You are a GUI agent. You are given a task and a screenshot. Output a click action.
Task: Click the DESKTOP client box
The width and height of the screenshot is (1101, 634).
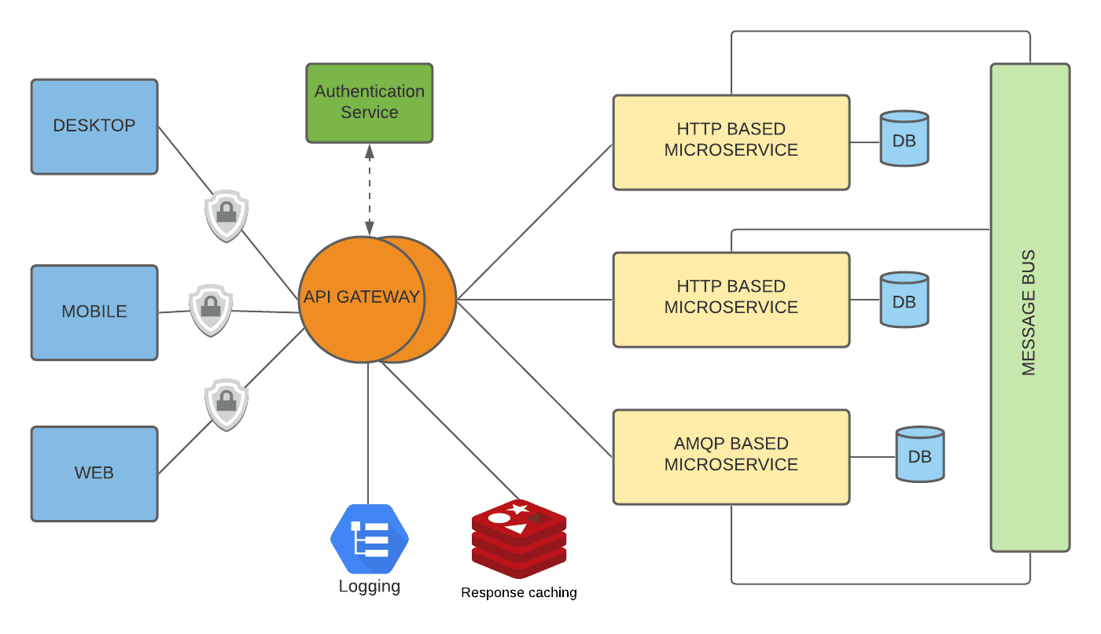[x=94, y=126]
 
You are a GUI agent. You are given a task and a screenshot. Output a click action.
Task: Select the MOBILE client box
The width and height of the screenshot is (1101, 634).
[x=94, y=312]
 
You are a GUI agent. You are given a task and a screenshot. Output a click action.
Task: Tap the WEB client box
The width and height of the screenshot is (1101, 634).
[x=94, y=474]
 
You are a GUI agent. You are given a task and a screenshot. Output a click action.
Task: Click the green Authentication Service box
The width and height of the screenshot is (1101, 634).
[x=369, y=102]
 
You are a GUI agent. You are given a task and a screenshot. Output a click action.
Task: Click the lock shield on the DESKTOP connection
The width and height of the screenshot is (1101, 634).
[x=226, y=215]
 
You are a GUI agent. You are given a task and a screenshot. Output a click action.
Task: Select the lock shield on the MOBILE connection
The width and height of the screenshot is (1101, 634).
[x=210, y=310]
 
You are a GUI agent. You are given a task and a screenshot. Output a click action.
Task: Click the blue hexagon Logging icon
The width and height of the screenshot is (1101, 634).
[x=370, y=540]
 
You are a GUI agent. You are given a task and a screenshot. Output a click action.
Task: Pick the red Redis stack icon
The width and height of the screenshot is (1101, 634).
[x=519, y=538]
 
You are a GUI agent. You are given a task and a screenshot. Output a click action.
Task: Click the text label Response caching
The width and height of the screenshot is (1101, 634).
[x=519, y=592]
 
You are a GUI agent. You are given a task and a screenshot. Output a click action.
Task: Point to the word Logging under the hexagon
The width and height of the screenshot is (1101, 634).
[x=370, y=587]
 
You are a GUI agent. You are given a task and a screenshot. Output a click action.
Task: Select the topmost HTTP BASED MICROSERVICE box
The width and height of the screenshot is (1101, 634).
[x=731, y=142]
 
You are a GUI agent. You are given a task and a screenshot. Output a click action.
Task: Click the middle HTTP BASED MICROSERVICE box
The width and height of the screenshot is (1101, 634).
[x=731, y=299]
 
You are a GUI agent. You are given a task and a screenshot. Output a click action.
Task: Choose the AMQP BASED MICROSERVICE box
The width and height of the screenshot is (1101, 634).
[x=731, y=456]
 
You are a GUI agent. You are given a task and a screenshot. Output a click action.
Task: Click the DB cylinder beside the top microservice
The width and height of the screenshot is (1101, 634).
[x=904, y=139]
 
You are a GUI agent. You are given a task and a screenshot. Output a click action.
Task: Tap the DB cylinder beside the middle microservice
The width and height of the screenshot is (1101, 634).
[x=904, y=300]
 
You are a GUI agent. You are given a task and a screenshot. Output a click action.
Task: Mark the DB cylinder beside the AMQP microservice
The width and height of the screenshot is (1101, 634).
[x=920, y=455]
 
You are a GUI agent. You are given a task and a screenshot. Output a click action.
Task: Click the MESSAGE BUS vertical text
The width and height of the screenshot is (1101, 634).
[x=1029, y=312]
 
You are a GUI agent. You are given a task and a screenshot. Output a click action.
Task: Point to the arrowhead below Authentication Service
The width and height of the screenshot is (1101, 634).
[x=369, y=152]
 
